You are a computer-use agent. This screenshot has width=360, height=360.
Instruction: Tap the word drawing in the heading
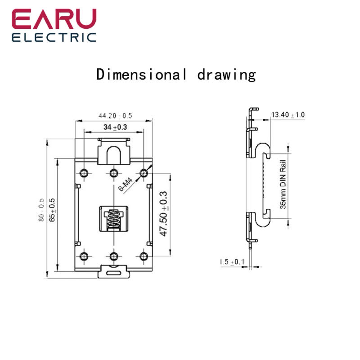pos(226,75)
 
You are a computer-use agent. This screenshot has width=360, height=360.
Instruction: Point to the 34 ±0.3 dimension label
pos(115,127)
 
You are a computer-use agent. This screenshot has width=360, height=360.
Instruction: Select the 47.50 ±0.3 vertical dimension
pos(164,213)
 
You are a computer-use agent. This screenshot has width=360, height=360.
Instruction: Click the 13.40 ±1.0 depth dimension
pos(287,115)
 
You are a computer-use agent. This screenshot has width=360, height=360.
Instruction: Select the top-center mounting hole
pos(113,173)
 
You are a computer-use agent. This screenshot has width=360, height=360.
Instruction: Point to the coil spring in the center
pos(114,220)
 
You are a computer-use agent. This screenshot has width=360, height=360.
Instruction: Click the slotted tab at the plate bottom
pos(114,271)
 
